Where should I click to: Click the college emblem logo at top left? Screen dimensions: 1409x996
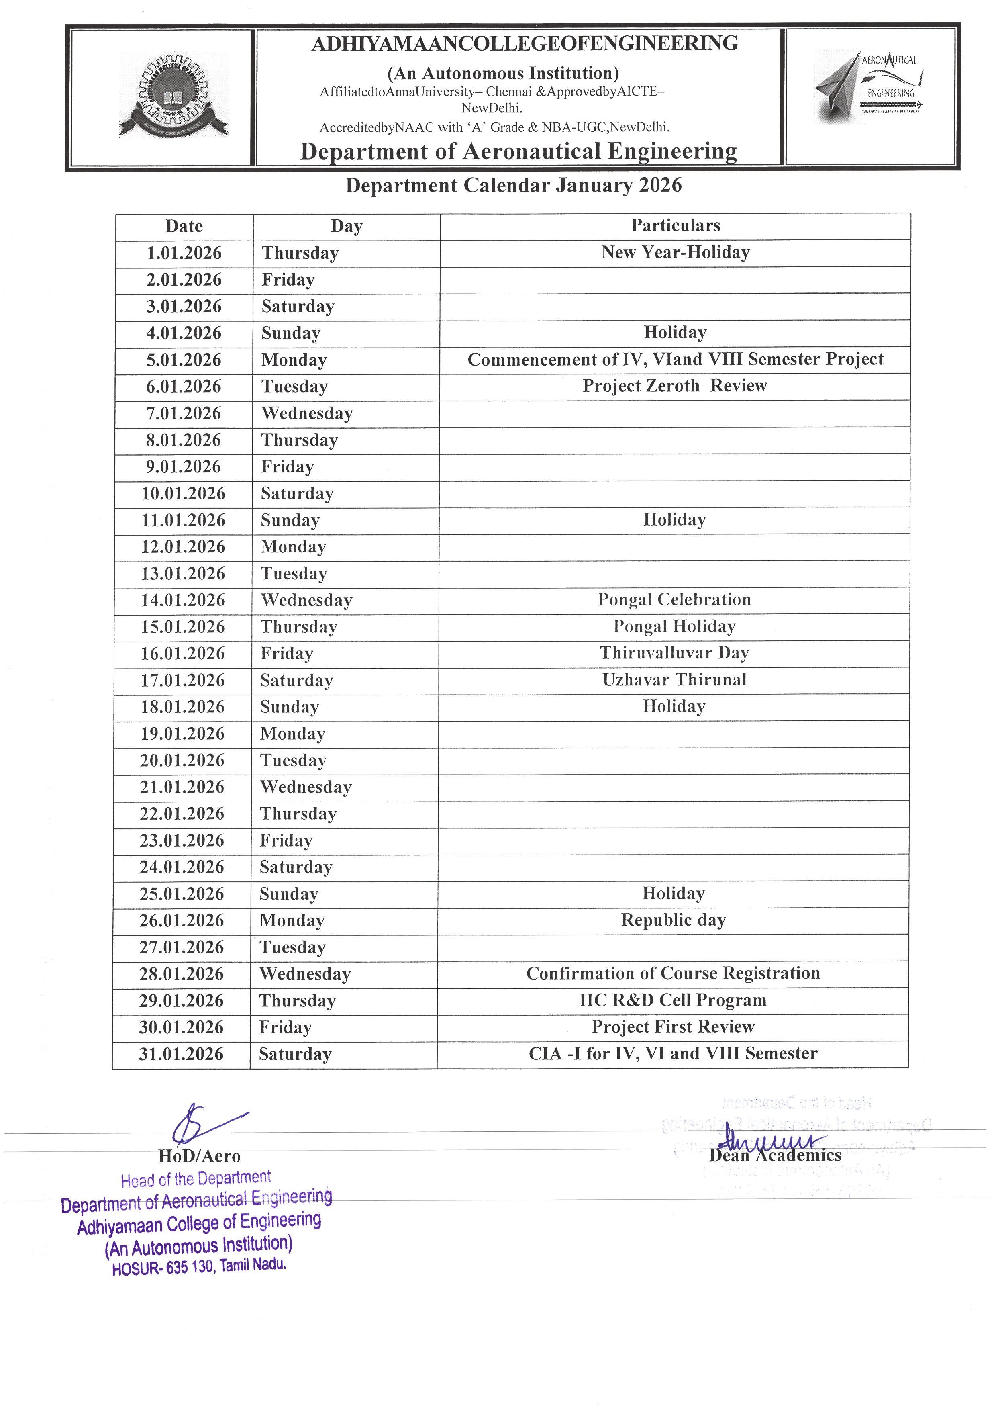[173, 96]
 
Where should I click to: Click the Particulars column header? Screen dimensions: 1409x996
[675, 226]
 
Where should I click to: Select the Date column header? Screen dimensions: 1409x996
[184, 227]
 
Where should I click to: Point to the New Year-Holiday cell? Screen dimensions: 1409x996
[675, 253]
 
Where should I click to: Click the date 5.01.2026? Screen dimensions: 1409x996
[184, 360]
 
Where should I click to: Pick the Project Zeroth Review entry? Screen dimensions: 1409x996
[675, 386]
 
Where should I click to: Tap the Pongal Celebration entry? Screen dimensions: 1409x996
[674, 599]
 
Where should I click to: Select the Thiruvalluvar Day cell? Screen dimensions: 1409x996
[674, 653]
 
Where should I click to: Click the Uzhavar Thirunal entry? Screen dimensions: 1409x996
[674, 680]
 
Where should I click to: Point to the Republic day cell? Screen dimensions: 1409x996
[674, 920]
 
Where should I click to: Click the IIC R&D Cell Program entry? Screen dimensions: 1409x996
[673, 1000]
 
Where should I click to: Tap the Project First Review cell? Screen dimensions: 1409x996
[673, 1027]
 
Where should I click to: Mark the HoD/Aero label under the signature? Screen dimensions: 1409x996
[199, 1156]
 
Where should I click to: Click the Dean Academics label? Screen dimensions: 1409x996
[775, 1155]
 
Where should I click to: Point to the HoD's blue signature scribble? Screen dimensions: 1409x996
[202, 1125]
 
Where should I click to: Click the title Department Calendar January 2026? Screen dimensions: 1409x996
[513, 185]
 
